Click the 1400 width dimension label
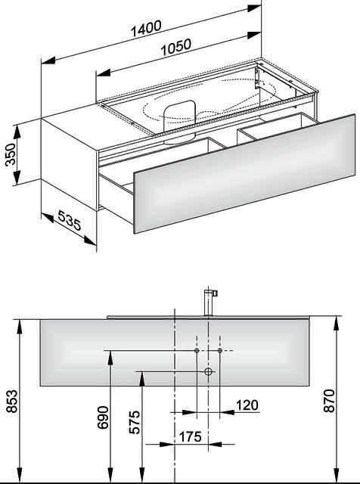pyautogui.click(x=146, y=29)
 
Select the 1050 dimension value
pyautogui.click(x=176, y=47)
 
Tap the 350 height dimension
pyautogui.click(x=10, y=154)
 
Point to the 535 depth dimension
pyautogui.click(x=69, y=220)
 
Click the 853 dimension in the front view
pyautogui.click(x=12, y=401)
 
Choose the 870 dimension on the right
pyautogui.click(x=329, y=401)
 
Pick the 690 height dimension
pyautogui.click(x=103, y=417)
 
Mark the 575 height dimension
pyautogui.click(x=135, y=422)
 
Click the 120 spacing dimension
pyautogui.click(x=247, y=405)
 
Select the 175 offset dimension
pyautogui.click(x=190, y=436)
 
